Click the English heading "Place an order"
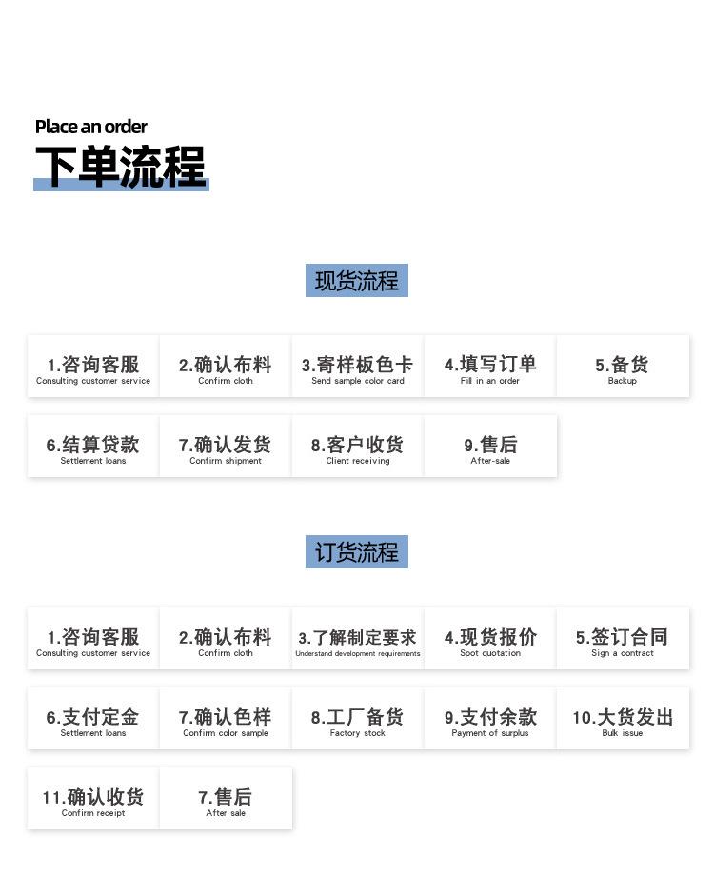click(91, 127)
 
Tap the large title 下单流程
click(121, 167)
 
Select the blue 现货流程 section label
click(357, 281)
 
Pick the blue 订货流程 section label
click(357, 552)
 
